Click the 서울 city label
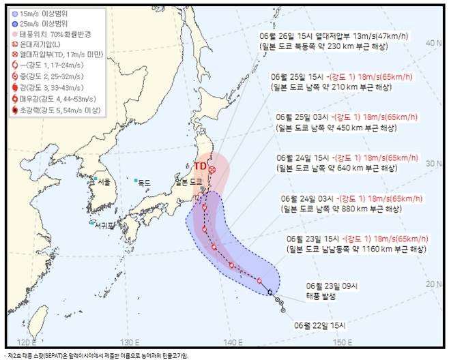click(x=104, y=181)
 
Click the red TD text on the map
click(x=200, y=166)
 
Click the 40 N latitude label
click(x=429, y=42)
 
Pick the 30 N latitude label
click(x=429, y=163)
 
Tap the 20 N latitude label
click(x=429, y=284)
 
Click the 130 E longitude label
click(x=128, y=341)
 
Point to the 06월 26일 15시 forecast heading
click(x=287, y=35)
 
